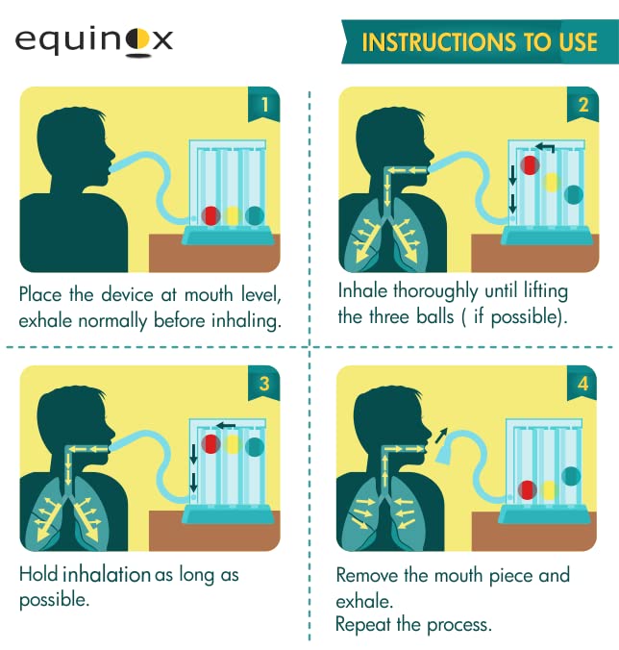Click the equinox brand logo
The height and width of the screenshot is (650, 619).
(x=94, y=39)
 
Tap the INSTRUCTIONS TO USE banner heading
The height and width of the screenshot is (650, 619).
(x=479, y=43)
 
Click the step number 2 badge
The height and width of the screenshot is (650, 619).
(x=582, y=104)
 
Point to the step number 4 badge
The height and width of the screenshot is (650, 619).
(x=582, y=383)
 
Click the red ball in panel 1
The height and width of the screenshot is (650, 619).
(x=211, y=216)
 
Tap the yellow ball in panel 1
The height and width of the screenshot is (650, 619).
(x=233, y=216)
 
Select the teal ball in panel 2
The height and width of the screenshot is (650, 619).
(x=574, y=194)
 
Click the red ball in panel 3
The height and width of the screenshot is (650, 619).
(x=211, y=443)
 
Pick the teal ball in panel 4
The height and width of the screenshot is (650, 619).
(x=572, y=475)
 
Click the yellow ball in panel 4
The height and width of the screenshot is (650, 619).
(x=549, y=490)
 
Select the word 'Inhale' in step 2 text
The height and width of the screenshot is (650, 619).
(x=364, y=290)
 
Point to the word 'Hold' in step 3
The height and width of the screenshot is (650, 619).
(x=38, y=575)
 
